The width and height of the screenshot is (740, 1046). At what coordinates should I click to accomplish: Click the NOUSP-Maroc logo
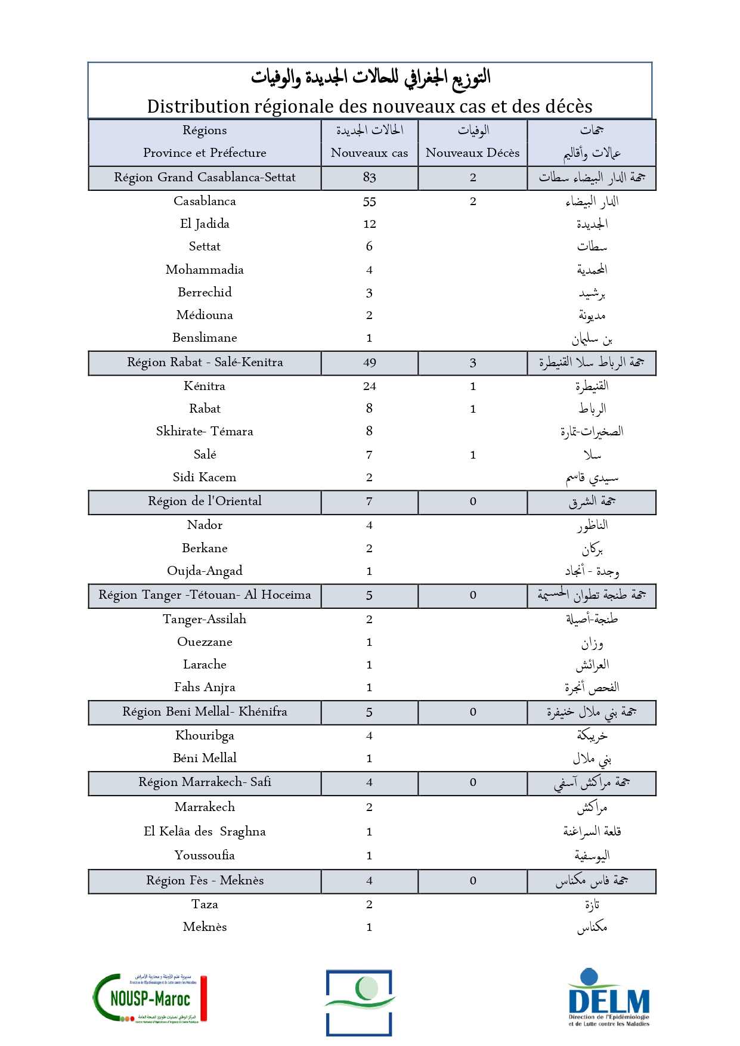tap(150, 998)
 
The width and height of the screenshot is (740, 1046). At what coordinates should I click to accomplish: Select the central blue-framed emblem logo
tap(359, 1002)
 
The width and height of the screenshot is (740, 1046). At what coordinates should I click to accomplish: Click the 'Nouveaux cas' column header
tap(369, 153)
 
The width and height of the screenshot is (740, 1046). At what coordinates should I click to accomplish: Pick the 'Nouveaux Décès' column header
tap(472, 153)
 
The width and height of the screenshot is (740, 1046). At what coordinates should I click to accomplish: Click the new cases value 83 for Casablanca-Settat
tap(369, 177)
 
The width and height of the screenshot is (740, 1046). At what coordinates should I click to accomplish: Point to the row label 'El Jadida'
tap(205, 224)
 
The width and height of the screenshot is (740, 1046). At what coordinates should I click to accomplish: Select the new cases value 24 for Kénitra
tap(369, 386)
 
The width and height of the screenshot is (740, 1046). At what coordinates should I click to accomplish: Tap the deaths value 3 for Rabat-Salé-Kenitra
tap(473, 363)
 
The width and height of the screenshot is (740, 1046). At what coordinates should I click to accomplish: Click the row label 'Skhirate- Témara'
tap(205, 431)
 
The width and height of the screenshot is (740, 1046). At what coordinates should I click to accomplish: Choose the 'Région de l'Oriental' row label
tap(205, 501)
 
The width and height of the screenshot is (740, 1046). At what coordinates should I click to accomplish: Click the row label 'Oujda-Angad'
tap(205, 571)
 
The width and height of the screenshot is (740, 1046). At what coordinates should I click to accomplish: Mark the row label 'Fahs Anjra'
tap(205, 687)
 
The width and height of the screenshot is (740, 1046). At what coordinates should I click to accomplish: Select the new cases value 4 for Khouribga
tap(369, 735)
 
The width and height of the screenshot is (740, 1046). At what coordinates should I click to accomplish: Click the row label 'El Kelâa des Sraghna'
tap(205, 831)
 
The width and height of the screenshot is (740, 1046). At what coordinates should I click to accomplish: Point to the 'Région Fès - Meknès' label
tap(205, 880)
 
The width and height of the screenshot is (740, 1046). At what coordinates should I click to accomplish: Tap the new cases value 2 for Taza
tap(369, 904)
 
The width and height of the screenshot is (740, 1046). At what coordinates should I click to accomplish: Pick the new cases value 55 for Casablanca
tap(369, 202)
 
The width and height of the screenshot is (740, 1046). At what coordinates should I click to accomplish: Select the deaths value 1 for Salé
tap(473, 455)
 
